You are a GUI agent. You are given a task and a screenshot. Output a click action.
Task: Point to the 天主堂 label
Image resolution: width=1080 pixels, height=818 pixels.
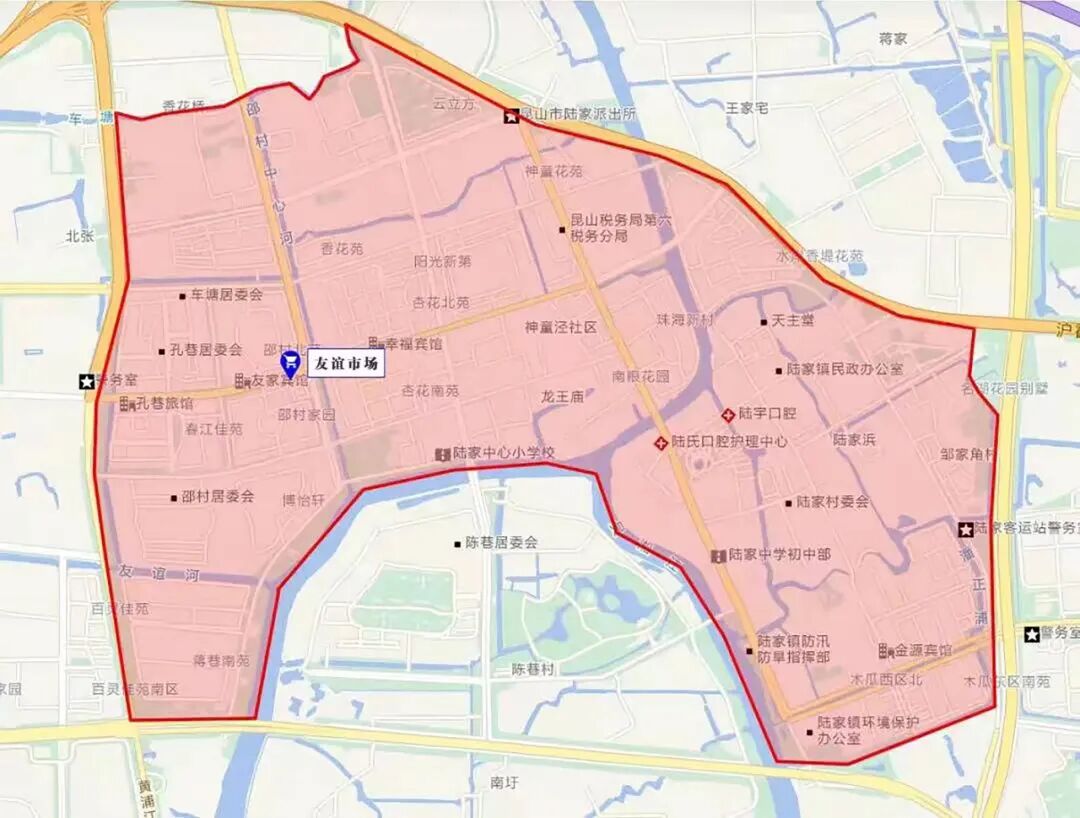(793, 321)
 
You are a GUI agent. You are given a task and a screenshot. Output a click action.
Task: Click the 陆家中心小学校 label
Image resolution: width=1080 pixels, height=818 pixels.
(503, 454)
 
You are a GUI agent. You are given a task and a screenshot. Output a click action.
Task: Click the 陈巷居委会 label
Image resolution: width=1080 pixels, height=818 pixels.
(501, 543)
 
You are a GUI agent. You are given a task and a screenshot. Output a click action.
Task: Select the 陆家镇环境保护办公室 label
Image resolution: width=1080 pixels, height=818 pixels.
(868, 730)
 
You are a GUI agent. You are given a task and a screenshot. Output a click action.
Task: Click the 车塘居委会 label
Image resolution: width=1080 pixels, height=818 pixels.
(227, 295)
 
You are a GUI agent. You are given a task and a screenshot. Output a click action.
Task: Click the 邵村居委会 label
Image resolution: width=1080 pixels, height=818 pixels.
(218, 496)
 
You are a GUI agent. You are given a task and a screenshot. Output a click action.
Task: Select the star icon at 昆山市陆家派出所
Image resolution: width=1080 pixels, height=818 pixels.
(512, 116)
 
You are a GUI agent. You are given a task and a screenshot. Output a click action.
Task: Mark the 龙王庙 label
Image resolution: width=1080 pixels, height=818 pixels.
(562, 397)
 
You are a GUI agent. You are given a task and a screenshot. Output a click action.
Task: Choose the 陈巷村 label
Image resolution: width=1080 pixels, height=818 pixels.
(532, 668)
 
